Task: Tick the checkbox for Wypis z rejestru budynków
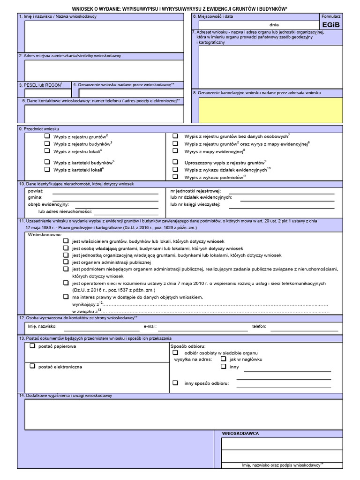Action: [x=47, y=143]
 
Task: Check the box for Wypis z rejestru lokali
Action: [x=47, y=151]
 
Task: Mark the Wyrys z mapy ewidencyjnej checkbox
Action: [x=175, y=151]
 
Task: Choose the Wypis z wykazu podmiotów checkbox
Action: [x=175, y=177]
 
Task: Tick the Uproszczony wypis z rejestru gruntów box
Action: [x=175, y=161]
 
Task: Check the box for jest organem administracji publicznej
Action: [x=66, y=262]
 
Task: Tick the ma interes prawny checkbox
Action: [x=66, y=297]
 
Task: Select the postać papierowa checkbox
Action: [x=32, y=346]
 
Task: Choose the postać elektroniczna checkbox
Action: [x=32, y=366]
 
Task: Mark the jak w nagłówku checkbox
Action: [x=224, y=359]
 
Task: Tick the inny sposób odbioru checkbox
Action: [x=175, y=382]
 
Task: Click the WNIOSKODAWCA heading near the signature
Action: [x=240, y=434]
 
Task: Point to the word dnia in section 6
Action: [x=274, y=24]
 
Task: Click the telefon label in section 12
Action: [x=259, y=326]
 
